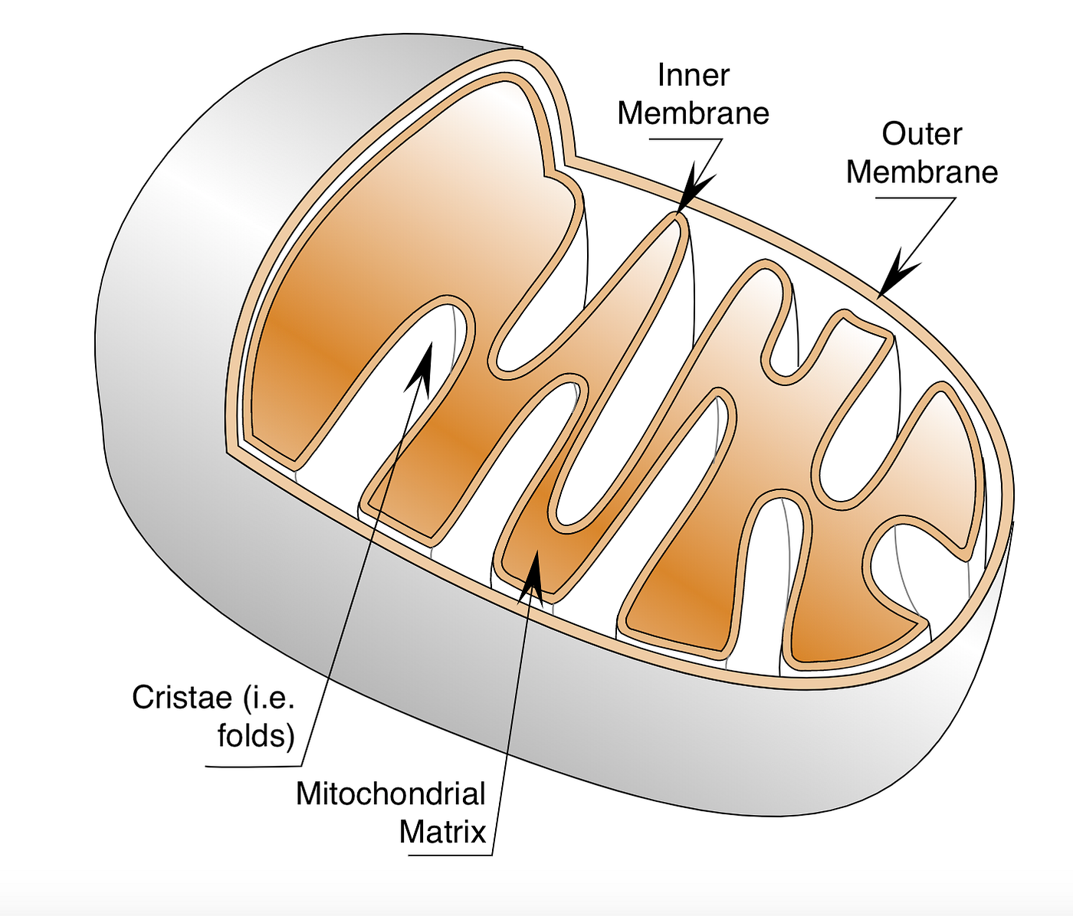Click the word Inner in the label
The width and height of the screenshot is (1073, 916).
(694, 75)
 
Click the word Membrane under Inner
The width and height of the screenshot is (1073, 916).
(694, 113)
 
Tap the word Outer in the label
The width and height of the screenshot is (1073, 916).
(921, 134)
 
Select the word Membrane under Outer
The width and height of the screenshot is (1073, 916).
(922, 172)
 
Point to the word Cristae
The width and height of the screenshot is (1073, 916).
(182, 698)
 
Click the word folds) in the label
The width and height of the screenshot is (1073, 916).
(256, 736)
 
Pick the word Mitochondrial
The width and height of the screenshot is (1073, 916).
(391, 794)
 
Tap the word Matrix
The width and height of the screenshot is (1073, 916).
(442, 833)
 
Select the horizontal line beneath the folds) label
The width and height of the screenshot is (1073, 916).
(253, 765)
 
